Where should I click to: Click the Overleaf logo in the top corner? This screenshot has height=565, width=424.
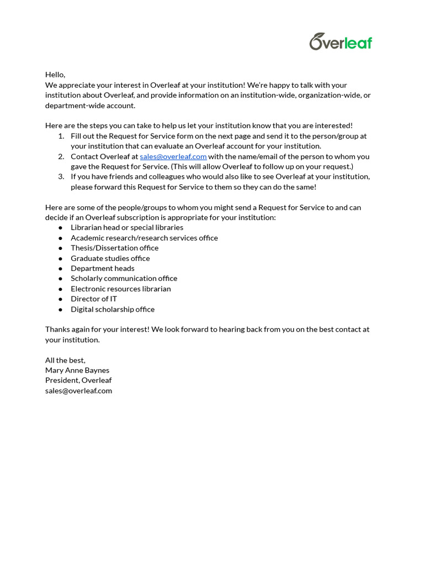tap(341, 42)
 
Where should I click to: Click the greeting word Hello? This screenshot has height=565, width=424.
tap(55, 74)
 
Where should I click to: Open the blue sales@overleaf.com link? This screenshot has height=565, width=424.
tap(173, 156)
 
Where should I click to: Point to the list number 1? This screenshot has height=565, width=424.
tap(61, 136)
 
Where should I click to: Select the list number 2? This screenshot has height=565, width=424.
tap(61, 156)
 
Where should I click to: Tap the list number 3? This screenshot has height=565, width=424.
tap(61, 177)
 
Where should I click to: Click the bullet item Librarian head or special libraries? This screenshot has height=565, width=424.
tap(126, 227)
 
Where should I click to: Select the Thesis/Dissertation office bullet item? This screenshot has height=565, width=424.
tap(114, 248)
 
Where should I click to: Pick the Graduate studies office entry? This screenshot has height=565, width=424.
tap(110, 258)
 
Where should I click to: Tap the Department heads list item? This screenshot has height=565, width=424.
tap(102, 268)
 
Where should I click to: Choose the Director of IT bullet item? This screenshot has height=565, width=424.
tap(94, 299)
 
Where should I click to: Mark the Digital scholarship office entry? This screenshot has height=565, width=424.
tap(113, 309)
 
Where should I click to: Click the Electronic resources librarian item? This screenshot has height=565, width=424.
tap(120, 289)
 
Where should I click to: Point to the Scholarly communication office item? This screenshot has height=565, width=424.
tap(124, 279)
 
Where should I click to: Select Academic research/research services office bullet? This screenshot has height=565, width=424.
tap(144, 238)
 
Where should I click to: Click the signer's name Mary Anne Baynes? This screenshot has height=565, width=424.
tap(77, 370)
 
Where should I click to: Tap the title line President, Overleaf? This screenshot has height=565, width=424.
tap(78, 380)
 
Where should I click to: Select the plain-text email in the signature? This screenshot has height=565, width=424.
tap(78, 391)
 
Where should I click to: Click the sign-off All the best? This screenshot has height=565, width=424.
tap(65, 360)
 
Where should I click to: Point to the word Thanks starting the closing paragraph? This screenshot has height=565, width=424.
tap(57, 329)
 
